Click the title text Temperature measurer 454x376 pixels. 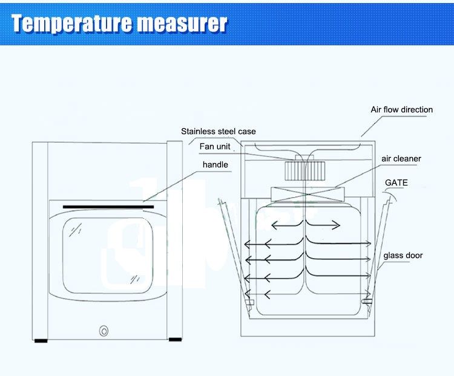pyautogui.click(x=119, y=23)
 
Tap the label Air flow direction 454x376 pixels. pyautogui.click(x=401, y=110)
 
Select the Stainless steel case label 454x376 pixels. pyautogui.click(x=219, y=131)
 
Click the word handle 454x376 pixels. pyautogui.click(x=215, y=164)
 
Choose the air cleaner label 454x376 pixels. pyautogui.click(x=401, y=159)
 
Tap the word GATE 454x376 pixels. pyautogui.click(x=396, y=183)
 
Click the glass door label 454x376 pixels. pyautogui.click(x=402, y=256)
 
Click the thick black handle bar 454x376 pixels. pyautogui.click(x=108, y=207)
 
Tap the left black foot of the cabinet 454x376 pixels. pyautogui.click(x=41, y=340)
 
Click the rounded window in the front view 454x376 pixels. pyautogui.click(x=108, y=251)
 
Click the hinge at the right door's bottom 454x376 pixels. pyautogui.click(x=367, y=300)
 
